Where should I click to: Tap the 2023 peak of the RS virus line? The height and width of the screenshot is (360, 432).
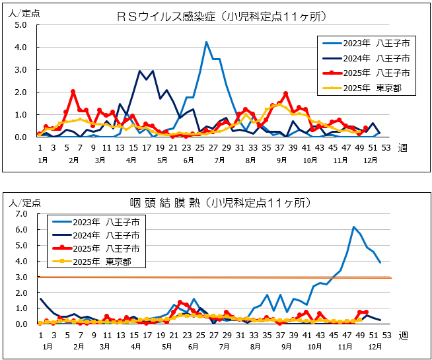pos(206,42)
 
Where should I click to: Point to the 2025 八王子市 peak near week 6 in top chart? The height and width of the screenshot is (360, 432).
pos(73,92)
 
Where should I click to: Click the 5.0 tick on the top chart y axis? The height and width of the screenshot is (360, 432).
pos(20,25)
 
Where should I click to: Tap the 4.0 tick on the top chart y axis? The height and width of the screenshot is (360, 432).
pos(20,48)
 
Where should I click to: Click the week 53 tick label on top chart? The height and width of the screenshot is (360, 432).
pos(384,148)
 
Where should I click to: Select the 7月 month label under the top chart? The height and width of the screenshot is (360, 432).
pos(219,161)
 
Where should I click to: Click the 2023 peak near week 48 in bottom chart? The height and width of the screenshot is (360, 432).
pos(354,227)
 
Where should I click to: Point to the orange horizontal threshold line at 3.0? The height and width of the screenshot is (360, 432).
pos(264,277)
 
